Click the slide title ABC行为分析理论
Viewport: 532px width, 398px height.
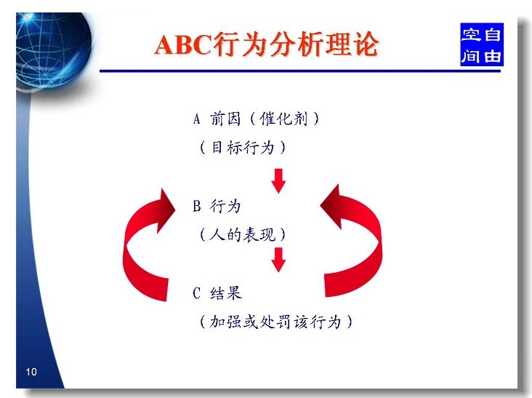click(266, 44)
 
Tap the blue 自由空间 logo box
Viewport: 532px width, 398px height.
click(481, 44)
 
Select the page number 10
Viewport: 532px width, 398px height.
click(31, 372)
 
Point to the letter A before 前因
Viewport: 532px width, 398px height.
click(197, 119)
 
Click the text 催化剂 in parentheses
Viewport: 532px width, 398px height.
click(283, 119)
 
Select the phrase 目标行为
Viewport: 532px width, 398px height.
click(243, 148)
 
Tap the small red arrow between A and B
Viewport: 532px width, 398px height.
click(278, 180)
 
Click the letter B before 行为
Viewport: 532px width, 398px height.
click(197, 206)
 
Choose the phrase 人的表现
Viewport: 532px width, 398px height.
click(243, 235)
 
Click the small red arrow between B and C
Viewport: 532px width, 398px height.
click(278, 260)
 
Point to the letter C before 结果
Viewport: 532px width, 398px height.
click(197, 293)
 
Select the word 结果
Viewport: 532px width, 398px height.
click(226, 293)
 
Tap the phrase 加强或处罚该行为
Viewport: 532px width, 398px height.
click(275, 322)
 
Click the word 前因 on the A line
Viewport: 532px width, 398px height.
click(225, 119)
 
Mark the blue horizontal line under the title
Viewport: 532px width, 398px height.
click(300, 71)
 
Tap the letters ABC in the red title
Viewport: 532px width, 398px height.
click(184, 45)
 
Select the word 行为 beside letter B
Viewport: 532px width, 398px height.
click(225, 206)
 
